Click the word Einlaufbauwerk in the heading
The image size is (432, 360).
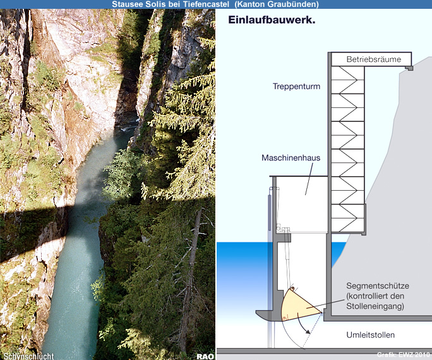coord(272,20)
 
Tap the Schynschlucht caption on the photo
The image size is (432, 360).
coord(28,356)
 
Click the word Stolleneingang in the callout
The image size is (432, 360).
coord(376,307)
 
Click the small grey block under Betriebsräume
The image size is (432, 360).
coord(409,68)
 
